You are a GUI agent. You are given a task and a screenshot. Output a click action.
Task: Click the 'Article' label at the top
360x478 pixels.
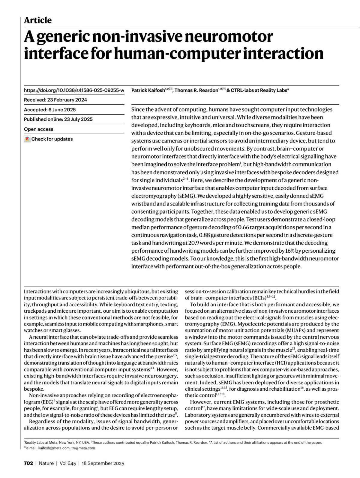[x=38, y=20]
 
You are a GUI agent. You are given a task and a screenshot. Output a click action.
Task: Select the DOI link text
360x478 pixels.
[x=74, y=90]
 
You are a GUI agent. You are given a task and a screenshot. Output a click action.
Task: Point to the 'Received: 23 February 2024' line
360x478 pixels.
[x=55, y=100]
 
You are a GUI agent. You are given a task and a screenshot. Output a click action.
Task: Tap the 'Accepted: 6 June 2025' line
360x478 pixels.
[x=50, y=110]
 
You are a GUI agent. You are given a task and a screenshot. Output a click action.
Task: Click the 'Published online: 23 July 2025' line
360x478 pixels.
[x=58, y=119]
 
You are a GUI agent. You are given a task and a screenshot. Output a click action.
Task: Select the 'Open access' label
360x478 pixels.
[x=38, y=129]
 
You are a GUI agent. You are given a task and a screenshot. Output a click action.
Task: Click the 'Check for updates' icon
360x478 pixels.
[x=27, y=139]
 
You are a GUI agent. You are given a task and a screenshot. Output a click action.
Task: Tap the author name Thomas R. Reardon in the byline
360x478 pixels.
[x=196, y=90]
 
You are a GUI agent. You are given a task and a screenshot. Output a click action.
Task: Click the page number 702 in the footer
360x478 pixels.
[x=28, y=463]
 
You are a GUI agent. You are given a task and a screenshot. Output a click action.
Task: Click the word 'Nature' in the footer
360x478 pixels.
[x=46, y=463]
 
